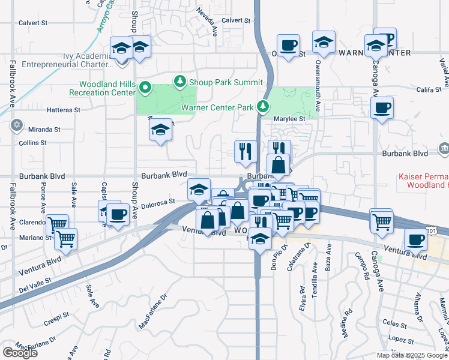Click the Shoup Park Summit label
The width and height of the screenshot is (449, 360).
226,82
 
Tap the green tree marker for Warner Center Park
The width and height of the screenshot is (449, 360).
262,106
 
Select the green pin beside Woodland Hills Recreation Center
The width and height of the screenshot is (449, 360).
145,89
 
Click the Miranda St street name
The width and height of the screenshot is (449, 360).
44,129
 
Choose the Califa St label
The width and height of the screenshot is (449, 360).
429,90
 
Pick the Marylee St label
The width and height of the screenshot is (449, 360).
290,119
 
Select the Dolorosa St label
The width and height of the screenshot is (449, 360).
159,202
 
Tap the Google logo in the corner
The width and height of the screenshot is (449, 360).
20,352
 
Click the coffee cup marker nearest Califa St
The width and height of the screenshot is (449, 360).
381,109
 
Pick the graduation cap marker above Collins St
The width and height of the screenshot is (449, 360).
160,130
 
